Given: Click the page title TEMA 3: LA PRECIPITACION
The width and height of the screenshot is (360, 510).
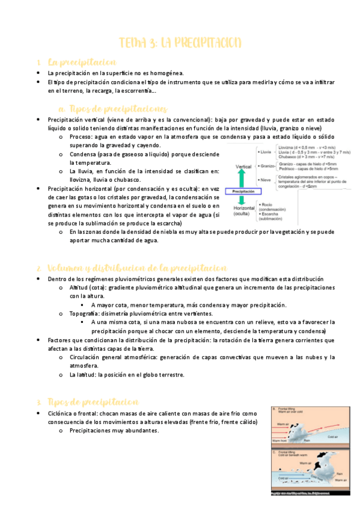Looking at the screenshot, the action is tap(180, 42).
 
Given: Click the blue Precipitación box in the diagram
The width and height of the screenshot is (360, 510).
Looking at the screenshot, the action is tap(242, 191).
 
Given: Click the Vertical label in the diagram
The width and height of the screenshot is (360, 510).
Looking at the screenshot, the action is tap(243, 166).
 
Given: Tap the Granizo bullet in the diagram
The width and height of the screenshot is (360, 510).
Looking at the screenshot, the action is tap(267, 165).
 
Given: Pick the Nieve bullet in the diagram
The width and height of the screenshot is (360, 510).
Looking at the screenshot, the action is tap(265, 180).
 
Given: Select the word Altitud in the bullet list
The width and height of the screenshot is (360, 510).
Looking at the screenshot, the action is tap(80, 288).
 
